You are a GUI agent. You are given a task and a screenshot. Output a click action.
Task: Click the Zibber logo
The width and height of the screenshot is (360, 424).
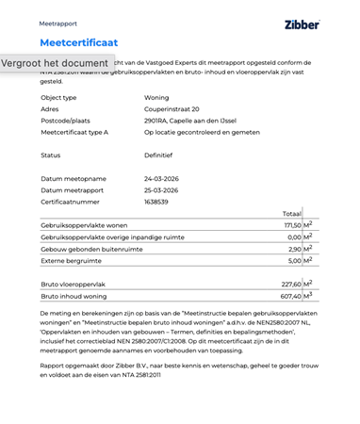[302, 24]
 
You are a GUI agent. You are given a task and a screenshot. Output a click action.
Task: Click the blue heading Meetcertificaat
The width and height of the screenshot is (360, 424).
[79, 42]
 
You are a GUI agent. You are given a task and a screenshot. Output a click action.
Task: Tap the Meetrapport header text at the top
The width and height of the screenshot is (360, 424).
[58, 24]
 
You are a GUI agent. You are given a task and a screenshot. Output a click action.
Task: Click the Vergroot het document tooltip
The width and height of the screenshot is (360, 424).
[55, 63]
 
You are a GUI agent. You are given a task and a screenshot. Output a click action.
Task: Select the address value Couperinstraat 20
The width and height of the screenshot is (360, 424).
[172, 109]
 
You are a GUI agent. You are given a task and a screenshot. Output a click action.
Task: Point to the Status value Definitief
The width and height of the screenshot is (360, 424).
[158, 155]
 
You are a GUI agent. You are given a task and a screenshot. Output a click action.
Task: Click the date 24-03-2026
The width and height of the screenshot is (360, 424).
[161, 179]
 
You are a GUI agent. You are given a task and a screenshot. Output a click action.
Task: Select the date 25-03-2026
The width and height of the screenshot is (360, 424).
[161, 190]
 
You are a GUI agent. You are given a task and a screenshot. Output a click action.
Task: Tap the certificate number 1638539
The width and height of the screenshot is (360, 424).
[156, 202]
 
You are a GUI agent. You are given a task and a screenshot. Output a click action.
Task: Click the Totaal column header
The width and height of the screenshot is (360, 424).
[291, 214]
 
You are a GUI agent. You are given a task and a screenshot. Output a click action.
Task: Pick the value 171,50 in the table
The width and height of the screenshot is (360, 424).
[291, 226]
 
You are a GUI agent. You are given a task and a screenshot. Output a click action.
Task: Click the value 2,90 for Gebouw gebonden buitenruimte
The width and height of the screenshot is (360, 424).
[294, 249]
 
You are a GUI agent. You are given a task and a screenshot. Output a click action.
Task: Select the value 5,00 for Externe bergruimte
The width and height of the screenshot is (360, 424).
[294, 260]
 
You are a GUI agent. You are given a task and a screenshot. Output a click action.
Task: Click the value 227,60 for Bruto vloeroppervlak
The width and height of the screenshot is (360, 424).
[291, 284]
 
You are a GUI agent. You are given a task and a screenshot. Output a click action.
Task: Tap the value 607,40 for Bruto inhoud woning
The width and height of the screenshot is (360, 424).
[291, 296]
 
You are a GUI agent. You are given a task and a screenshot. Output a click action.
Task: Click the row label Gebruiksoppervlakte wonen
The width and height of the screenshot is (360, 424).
[84, 226]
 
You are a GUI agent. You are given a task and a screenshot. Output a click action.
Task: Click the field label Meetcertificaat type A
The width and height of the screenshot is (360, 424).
[74, 132]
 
